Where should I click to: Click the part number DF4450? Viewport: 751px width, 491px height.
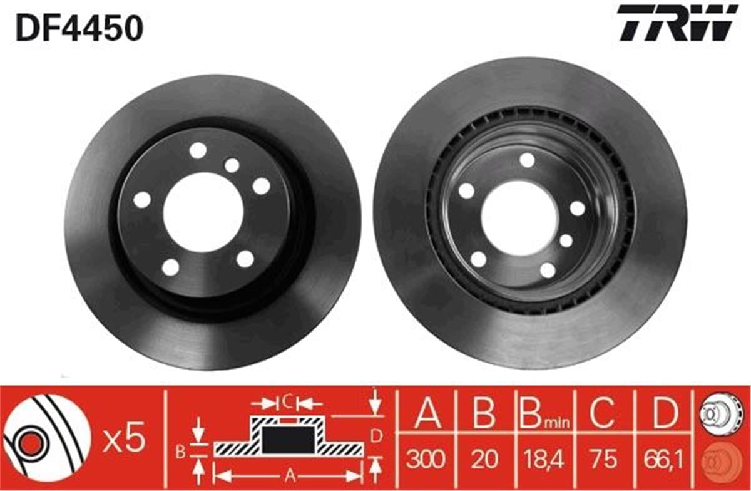(x=79, y=28)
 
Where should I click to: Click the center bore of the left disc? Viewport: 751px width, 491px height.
(x=203, y=212)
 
